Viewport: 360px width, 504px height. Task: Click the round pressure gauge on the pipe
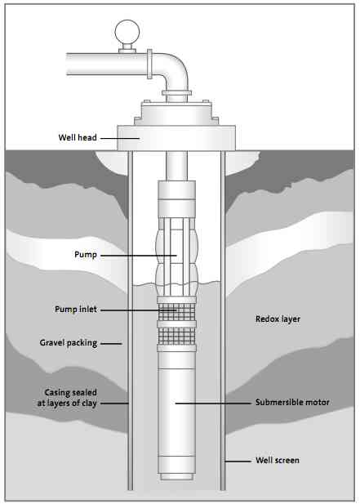click(126, 32)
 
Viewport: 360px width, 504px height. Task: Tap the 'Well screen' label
click(276, 461)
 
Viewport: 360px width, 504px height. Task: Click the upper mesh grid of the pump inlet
click(176, 311)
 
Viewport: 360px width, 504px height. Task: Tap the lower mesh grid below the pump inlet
click(176, 336)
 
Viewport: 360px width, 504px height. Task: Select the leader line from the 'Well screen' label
click(236, 461)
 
